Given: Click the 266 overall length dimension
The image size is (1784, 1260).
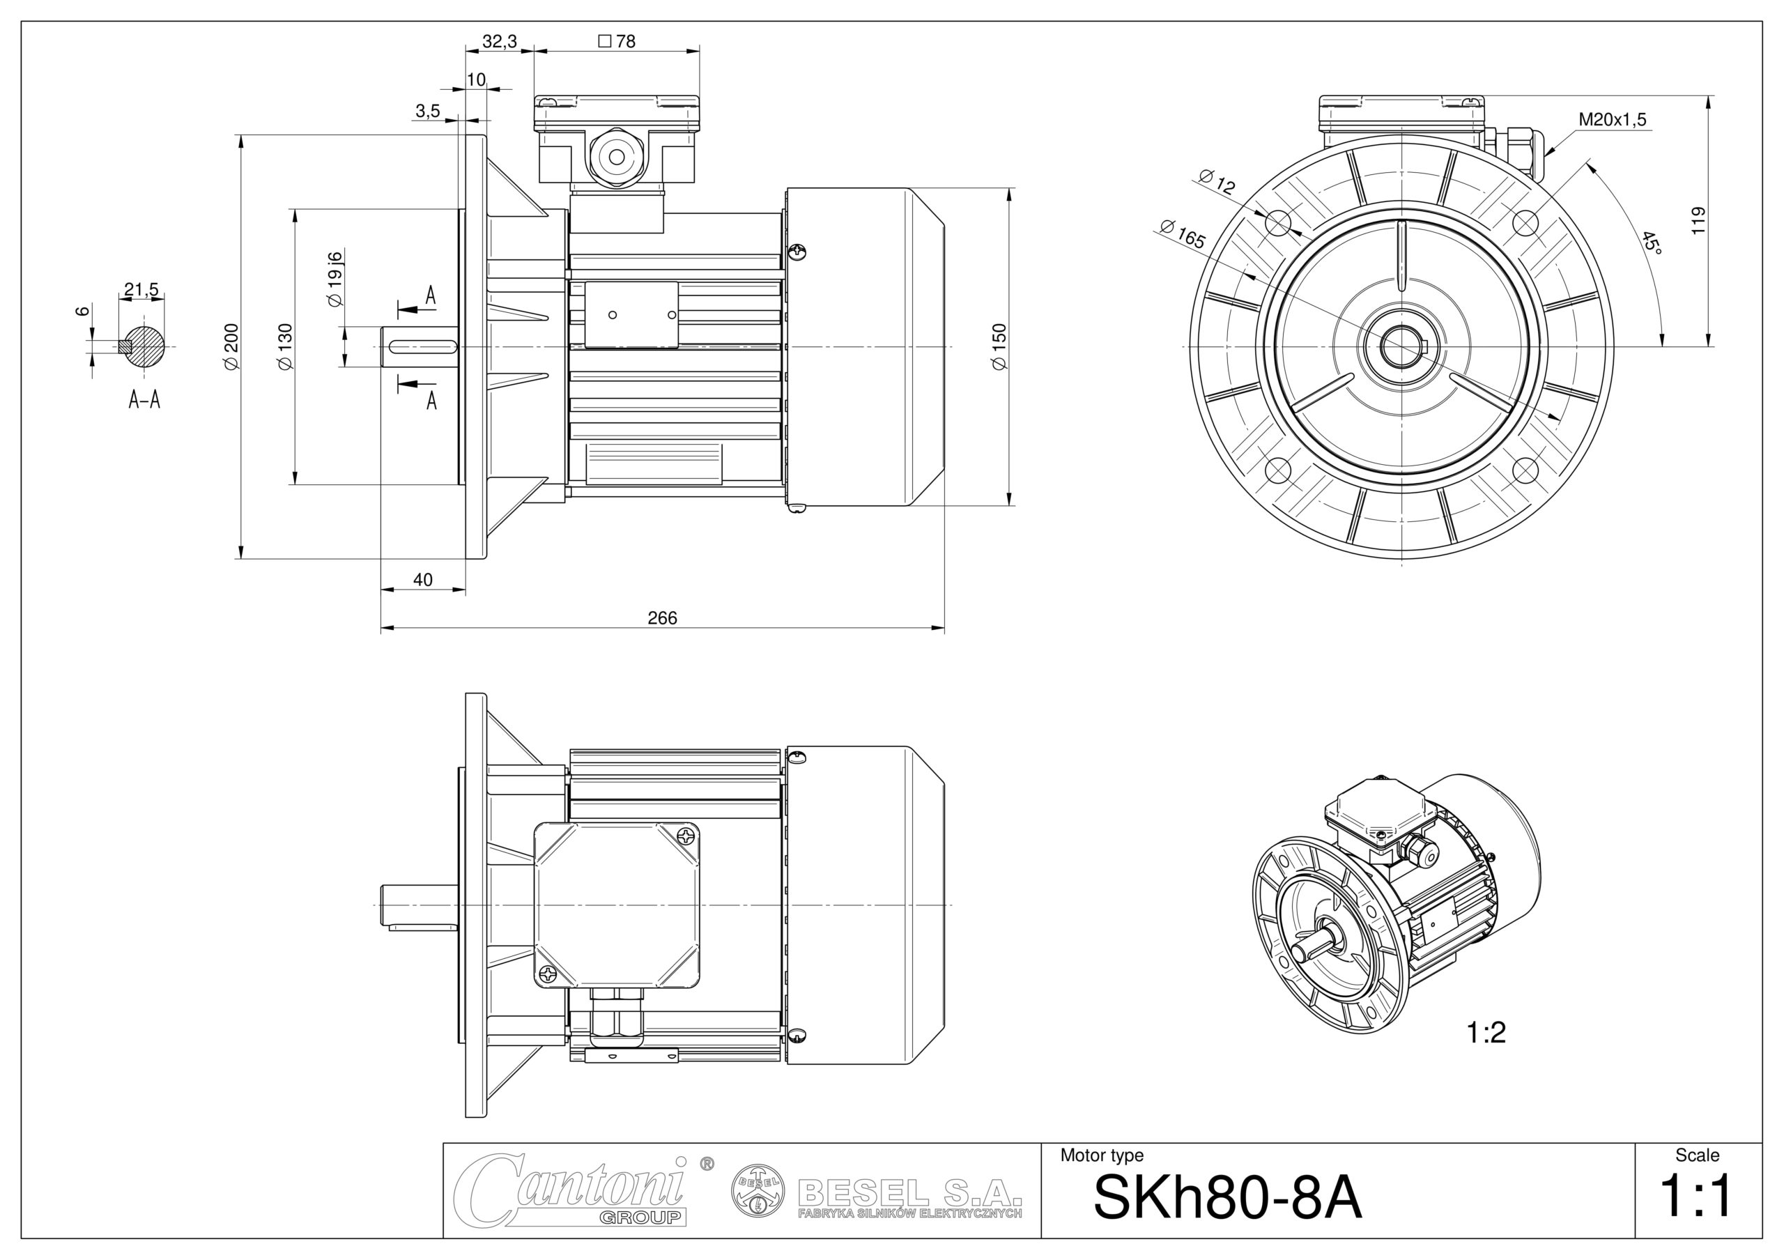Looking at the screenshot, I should (662, 617).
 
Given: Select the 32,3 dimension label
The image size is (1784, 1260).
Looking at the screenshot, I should (499, 41).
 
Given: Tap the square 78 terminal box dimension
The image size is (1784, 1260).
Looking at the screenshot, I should (617, 41).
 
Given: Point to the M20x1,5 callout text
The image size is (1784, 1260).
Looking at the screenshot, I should (1613, 120).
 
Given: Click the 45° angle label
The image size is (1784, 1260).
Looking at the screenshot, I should (1651, 243).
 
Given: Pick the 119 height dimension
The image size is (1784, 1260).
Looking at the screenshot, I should (1698, 221).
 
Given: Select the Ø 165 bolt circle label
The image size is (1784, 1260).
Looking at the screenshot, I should (1183, 235).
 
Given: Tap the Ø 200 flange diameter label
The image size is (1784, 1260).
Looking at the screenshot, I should (231, 346).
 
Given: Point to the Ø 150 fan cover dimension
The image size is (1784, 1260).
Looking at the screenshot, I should (999, 346).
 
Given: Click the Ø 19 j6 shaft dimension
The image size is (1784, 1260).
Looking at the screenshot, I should (335, 279).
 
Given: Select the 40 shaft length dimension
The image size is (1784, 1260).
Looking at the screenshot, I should (423, 580).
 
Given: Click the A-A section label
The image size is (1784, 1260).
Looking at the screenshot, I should (144, 401).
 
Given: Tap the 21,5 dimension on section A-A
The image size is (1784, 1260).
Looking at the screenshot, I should (141, 290).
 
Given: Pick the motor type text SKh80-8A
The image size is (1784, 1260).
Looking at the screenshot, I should (1227, 1197).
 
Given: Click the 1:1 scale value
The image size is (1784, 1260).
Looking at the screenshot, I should (1696, 1197).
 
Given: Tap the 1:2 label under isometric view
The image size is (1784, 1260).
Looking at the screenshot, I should (1486, 1032).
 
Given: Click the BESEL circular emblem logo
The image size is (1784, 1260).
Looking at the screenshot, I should (756, 1190).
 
